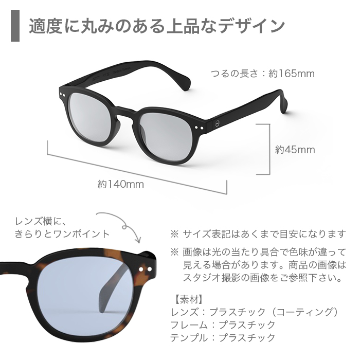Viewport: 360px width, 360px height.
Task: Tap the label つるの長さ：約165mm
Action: tap(262, 74)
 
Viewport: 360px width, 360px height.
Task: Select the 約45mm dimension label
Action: tap(295, 150)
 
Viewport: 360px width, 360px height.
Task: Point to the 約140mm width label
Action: tap(121, 183)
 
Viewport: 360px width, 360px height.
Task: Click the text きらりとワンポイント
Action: tap(62, 234)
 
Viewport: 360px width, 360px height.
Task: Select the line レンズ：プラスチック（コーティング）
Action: tap(254, 312)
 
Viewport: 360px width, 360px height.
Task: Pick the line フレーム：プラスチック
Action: tap(222, 325)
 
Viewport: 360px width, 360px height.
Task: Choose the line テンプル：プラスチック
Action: tap(222, 337)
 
